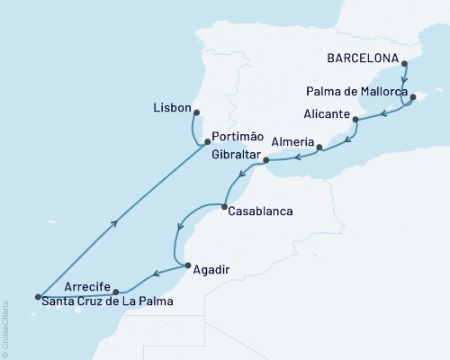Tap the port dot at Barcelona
(404, 64)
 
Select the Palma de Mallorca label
(355, 92)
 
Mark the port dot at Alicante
(355, 119)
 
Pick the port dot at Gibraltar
(265, 161)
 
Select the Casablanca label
(262, 213)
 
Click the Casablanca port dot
(224, 208)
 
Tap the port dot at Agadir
(185, 265)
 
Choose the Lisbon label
(174, 107)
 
